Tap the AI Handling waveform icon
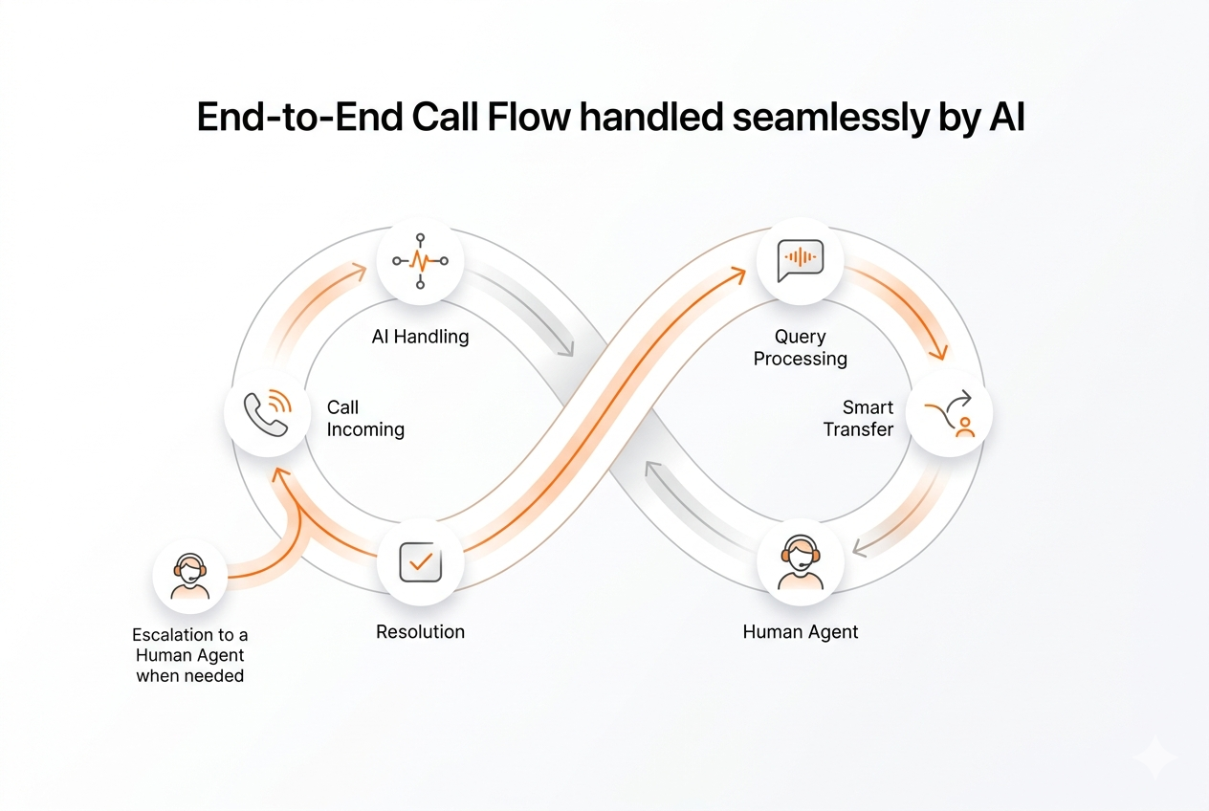(x=420, y=260)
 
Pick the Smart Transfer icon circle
(x=949, y=413)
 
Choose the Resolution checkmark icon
(x=420, y=562)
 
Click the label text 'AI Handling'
(x=420, y=337)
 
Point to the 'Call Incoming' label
(x=365, y=419)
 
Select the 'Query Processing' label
(x=801, y=348)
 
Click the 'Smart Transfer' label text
(x=858, y=419)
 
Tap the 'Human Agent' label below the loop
(x=801, y=632)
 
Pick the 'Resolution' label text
(x=420, y=632)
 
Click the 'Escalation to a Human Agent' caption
(x=189, y=655)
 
